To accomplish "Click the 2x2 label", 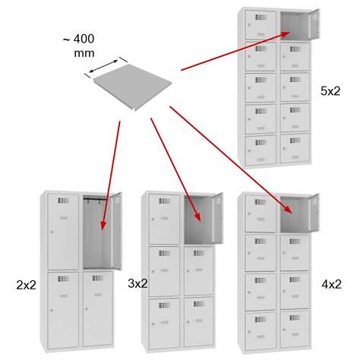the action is point(26,285).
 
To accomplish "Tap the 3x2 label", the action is point(137,283).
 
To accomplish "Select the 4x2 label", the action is point(331,285).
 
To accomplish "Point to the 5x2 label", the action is point(330,91).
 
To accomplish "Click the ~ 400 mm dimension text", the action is point(79,46).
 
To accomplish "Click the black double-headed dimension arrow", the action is point(104,66).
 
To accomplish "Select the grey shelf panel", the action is point(132,87).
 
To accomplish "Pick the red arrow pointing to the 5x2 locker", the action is point(235,51).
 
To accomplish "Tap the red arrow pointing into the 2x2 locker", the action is point(111,175).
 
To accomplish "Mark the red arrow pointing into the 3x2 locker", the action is point(175,169).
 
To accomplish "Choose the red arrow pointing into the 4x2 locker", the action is point(230,159).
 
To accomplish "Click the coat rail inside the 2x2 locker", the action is point(95,199).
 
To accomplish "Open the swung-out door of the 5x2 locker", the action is point(314,24).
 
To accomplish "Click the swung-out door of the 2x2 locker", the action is point(117,231).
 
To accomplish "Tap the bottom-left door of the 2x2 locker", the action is point(63,310).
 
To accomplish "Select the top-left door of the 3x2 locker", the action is point(164,219).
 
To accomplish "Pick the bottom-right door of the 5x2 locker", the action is point(295,148).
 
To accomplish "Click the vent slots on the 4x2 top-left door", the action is point(261,202).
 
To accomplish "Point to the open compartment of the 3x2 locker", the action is point(199,219).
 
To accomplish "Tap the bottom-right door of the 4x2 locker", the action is point(295,328).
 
